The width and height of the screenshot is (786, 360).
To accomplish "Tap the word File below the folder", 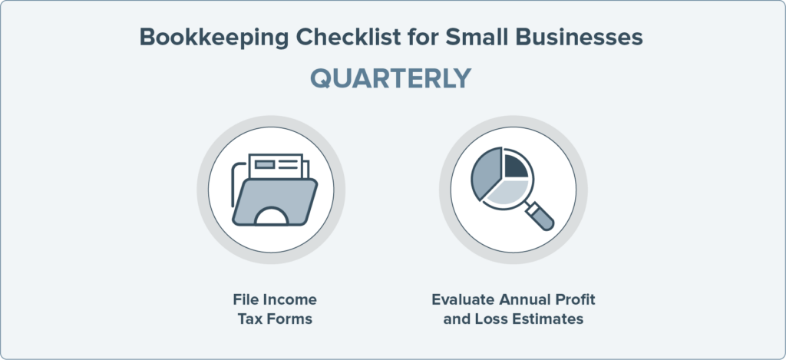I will tap(246, 300).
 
